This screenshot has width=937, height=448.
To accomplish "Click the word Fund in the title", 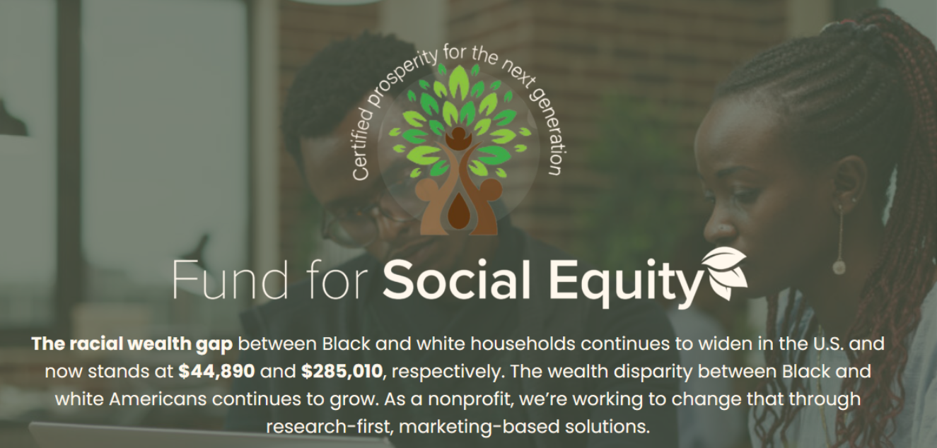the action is pyautogui.click(x=231, y=279).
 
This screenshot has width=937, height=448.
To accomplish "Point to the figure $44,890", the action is pyautogui.click(x=216, y=371).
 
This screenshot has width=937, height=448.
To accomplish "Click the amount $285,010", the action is pyautogui.click(x=342, y=371).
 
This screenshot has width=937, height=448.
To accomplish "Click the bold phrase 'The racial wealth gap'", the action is pyautogui.click(x=132, y=344).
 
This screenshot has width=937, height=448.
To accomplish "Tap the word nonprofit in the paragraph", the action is pyautogui.click(x=470, y=399).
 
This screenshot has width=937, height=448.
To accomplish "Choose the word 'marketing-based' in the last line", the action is pyautogui.click(x=479, y=427).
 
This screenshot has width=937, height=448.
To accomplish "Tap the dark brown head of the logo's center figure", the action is pyautogui.click(x=458, y=134).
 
